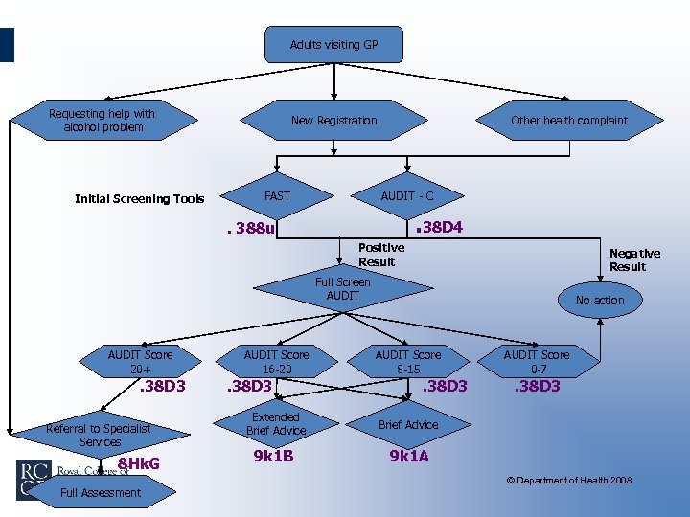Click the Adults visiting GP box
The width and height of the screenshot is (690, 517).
point(333,45)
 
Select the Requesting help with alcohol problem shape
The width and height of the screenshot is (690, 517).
point(103,121)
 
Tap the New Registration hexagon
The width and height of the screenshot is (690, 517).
point(333,121)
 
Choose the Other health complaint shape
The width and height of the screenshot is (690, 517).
point(569,121)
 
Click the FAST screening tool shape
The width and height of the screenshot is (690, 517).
point(277,196)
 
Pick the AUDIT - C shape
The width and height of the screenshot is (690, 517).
point(407,196)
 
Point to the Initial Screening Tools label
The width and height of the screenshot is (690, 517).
point(140,199)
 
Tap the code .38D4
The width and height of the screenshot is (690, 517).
point(438,228)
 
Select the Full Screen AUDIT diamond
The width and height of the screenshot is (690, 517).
point(342,289)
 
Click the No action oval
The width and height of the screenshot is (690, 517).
point(600,301)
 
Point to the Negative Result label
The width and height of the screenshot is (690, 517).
point(634,259)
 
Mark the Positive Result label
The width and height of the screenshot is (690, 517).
point(380,254)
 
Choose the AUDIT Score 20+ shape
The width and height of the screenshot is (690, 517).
point(140,361)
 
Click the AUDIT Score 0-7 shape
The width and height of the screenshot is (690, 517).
point(537,361)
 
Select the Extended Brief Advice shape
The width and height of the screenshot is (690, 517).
point(276,424)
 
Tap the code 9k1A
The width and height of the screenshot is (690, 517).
point(409,456)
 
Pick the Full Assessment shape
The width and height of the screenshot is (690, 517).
point(101,493)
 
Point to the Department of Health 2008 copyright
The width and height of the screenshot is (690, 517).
point(569,480)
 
